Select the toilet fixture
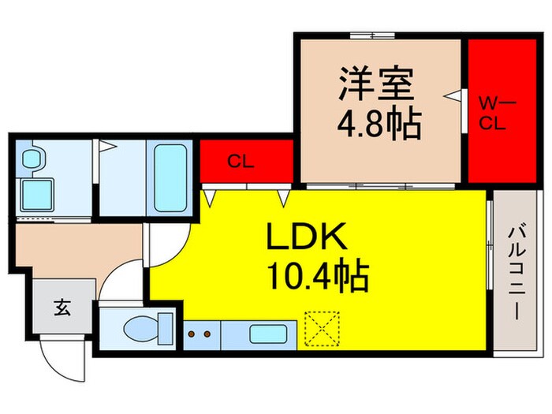pos(147,325)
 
